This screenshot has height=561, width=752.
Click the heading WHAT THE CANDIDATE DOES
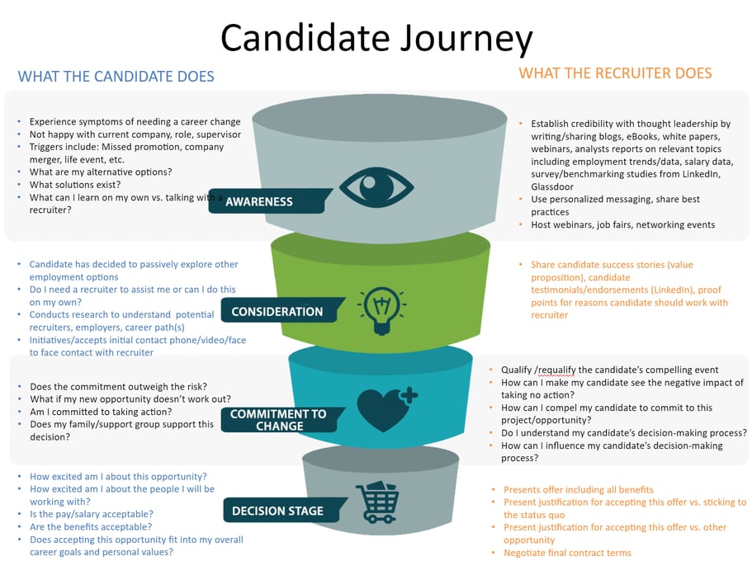[x=116, y=77]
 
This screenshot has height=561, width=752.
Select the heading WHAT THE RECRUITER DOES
[x=615, y=73]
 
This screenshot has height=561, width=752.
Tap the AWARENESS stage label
[x=258, y=201]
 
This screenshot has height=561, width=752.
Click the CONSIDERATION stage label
[x=277, y=312]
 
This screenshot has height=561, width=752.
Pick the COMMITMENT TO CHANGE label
[x=278, y=420]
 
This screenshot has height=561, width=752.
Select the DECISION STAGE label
[x=277, y=511]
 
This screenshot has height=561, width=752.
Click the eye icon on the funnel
[x=376, y=188]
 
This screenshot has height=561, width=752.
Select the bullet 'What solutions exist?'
[x=74, y=185]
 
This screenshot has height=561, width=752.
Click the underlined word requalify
[x=563, y=370]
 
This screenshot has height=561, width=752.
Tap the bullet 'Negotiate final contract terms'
[x=567, y=553]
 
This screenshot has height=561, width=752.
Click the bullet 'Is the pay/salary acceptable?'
[x=91, y=514]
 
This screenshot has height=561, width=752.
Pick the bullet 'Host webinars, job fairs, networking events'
[x=622, y=224]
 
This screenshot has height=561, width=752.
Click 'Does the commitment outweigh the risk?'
[x=118, y=386]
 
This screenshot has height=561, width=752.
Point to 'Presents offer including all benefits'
[x=578, y=489]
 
